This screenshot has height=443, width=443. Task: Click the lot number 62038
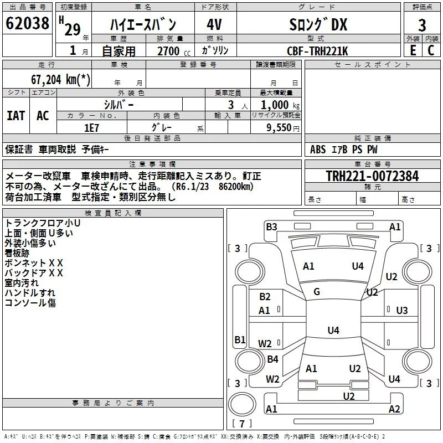click(x=27, y=25)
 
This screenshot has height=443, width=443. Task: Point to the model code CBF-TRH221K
click(x=317, y=50)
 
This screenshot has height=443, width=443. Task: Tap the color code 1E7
click(x=91, y=127)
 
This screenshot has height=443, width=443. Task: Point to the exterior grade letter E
click(x=412, y=50)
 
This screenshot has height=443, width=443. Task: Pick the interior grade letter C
click(x=431, y=50)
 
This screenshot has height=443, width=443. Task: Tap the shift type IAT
click(x=16, y=116)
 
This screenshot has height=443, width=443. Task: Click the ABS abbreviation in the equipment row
click(x=318, y=150)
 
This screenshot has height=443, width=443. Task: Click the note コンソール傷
click(x=30, y=302)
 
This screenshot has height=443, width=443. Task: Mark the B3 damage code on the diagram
click(x=271, y=226)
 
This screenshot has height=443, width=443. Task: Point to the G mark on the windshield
click(x=317, y=291)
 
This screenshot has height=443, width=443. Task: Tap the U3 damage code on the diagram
click(x=402, y=310)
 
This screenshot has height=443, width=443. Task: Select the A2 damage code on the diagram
click(x=394, y=409)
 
